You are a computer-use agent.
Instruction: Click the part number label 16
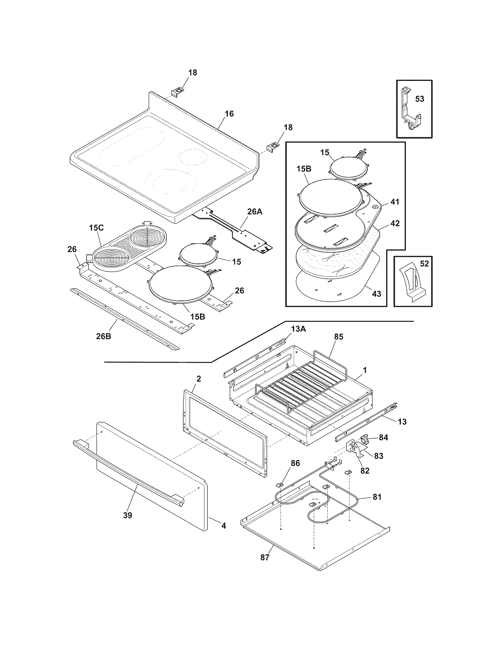click(x=229, y=114)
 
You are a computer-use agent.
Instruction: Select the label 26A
click(x=255, y=212)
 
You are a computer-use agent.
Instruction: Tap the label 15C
click(x=96, y=228)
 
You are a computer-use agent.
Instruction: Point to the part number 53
click(x=419, y=99)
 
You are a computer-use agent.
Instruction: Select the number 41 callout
click(x=395, y=202)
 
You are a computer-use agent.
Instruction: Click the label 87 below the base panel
click(x=265, y=558)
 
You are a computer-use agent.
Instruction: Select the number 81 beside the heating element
click(x=376, y=497)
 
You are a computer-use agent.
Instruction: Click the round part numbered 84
click(x=365, y=438)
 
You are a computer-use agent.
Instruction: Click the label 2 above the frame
click(x=199, y=378)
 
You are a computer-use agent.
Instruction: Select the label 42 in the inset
click(x=395, y=224)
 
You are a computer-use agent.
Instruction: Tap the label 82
click(x=365, y=471)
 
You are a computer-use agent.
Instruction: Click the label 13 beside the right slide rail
click(x=402, y=421)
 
